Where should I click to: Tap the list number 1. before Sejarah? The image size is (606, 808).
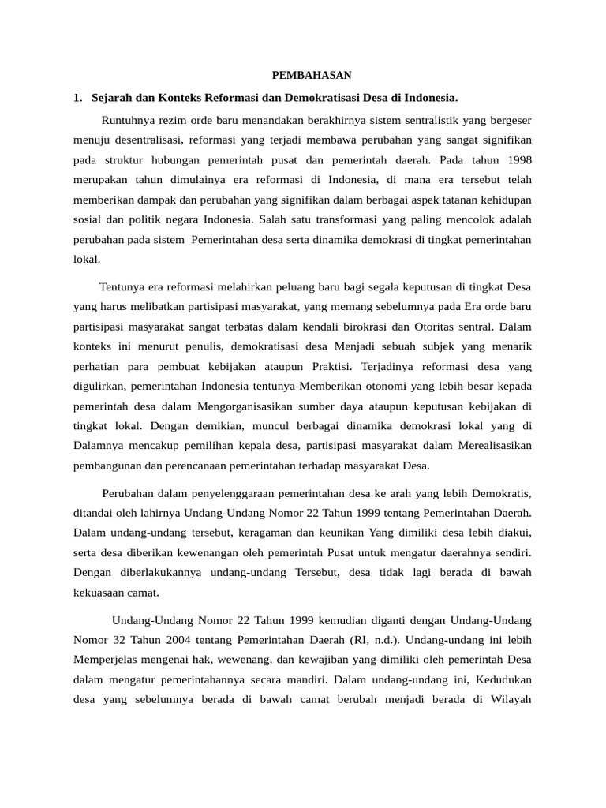pyautogui.click(x=77, y=98)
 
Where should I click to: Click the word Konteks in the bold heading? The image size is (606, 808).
pyautogui.click(x=184, y=98)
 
